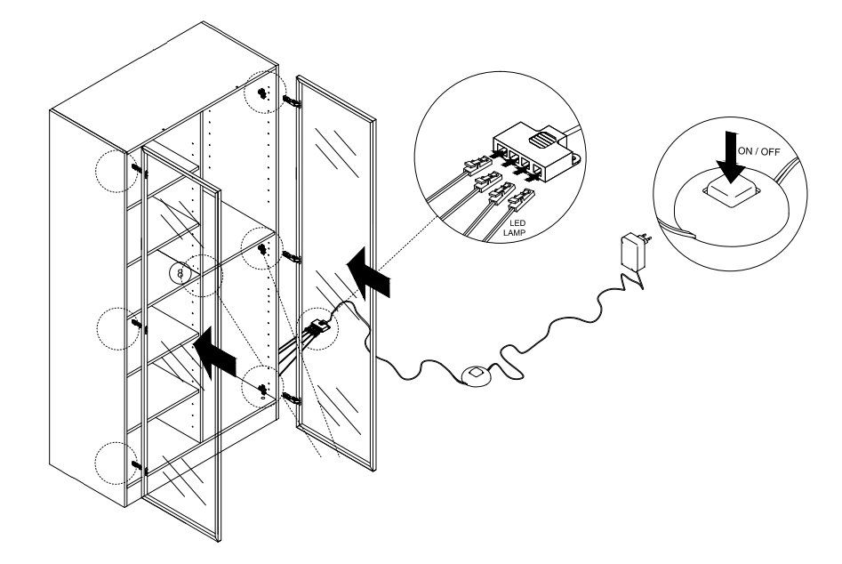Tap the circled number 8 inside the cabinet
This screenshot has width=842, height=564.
181,273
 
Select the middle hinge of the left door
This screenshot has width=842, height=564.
136,326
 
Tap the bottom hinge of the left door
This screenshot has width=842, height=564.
135,463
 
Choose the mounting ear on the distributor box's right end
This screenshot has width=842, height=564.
575,159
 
